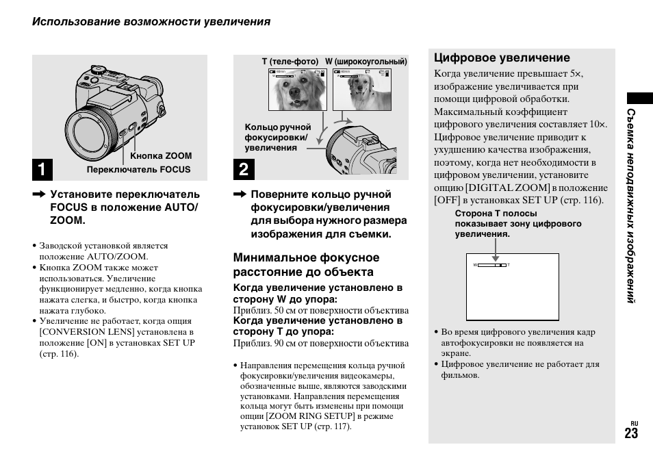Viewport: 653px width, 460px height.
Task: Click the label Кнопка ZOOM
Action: pyautogui.click(x=162, y=156)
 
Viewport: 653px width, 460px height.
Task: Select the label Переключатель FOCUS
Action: pyautogui.click(x=138, y=170)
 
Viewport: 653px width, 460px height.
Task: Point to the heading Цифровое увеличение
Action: pyautogui.click(x=502, y=58)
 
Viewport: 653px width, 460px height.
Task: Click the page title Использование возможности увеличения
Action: pyautogui.click(x=151, y=22)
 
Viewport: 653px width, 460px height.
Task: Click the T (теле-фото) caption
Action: pyautogui.click(x=290, y=62)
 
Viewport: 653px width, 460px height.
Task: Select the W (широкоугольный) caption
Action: pyautogui.click(x=366, y=62)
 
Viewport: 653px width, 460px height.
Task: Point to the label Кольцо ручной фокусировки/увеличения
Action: pyautogui.click(x=278, y=138)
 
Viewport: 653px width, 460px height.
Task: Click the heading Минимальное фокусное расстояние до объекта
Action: pyautogui.click(x=306, y=265)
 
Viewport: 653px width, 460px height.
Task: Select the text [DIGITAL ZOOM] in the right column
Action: pyautogui.click(x=507, y=188)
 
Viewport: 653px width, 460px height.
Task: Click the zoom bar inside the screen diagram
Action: pyautogui.click(x=491, y=264)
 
